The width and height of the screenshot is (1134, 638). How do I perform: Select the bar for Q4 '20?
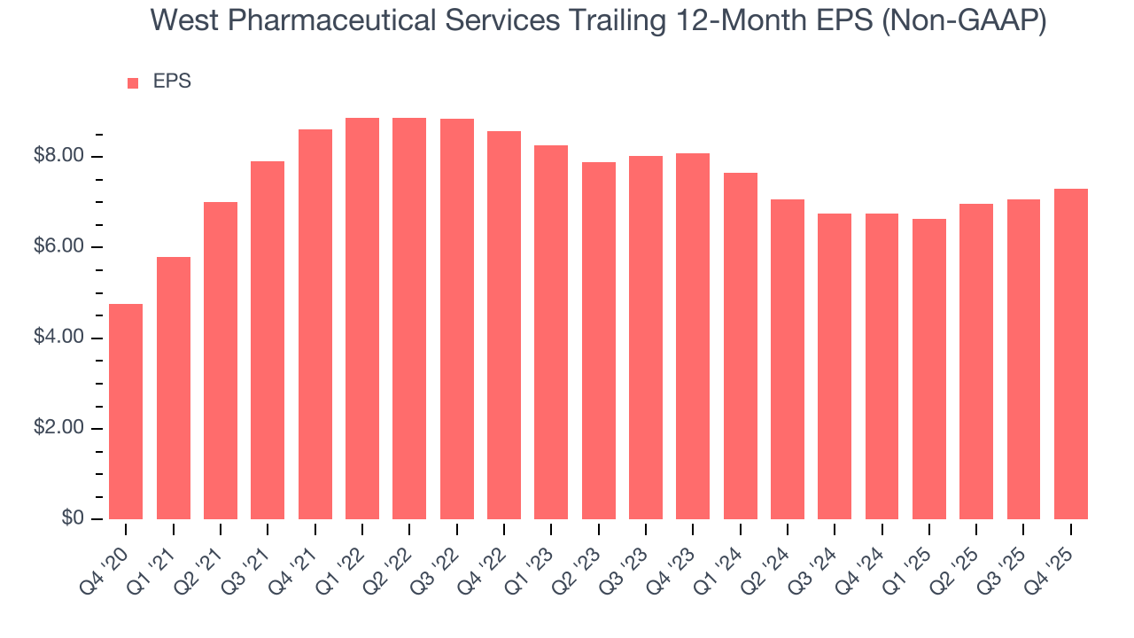click(x=126, y=411)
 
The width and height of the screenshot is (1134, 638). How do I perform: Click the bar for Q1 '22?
click(x=362, y=318)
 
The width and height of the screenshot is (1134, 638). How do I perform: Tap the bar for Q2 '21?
click(x=221, y=360)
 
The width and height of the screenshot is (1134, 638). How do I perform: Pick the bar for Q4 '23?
click(x=693, y=336)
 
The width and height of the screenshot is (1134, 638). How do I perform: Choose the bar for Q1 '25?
click(x=929, y=369)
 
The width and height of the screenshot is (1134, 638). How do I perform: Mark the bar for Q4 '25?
click(x=1071, y=354)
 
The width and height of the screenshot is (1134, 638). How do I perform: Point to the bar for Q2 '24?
click(x=788, y=359)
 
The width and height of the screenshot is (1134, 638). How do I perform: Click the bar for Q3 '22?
click(x=456, y=319)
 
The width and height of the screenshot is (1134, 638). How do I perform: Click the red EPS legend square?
click(x=133, y=82)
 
